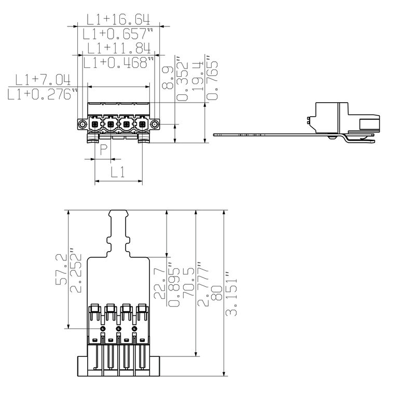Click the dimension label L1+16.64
pos(118,19)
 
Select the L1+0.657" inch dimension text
pos(118,34)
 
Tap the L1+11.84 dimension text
pos(119,48)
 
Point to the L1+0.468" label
pos(119,62)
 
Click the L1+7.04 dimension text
pos(43,80)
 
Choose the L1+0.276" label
pos(43,94)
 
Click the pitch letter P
pos(104,150)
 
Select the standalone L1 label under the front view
pos(118,172)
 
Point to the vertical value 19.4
pos(198,76)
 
